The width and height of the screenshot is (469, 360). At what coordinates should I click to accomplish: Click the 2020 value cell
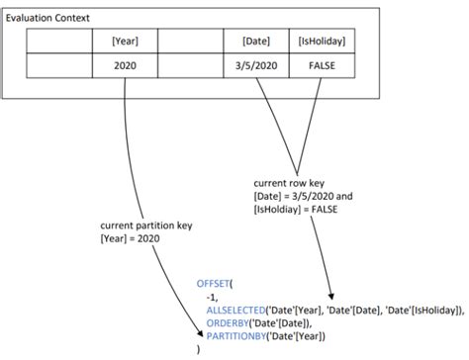(x=126, y=64)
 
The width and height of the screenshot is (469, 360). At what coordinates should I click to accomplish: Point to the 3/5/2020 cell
(x=257, y=64)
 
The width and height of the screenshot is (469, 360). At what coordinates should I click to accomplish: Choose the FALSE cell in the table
(x=322, y=64)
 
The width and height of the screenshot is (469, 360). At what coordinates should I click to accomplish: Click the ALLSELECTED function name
(x=237, y=310)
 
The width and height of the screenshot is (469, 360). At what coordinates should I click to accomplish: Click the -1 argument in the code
(x=212, y=296)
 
